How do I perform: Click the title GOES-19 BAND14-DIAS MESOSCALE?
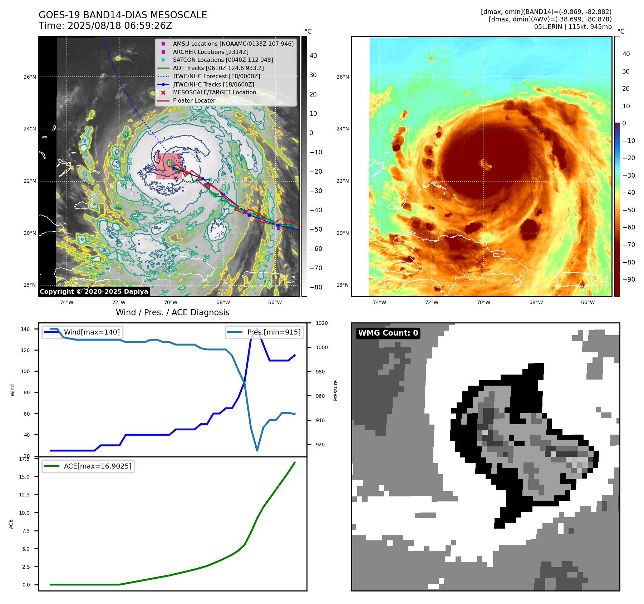coord(123,15)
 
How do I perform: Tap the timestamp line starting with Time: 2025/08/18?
coord(105,26)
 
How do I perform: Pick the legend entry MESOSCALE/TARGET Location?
coord(215,92)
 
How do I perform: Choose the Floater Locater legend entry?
coord(194,100)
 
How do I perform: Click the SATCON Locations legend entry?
coord(223,60)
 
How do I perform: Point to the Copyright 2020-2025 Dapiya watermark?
coord(94,292)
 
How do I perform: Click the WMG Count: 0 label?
coord(388,333)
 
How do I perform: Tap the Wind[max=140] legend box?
coord(82,332)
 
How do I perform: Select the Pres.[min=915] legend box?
coord(265,332)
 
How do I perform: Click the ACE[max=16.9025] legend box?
coord(88,466)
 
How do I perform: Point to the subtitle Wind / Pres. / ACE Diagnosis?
coord(173,312)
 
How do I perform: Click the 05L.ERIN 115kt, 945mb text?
coord(573,27)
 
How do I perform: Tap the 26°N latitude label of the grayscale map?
coord(30,77)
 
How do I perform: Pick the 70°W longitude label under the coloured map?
coord(483,302)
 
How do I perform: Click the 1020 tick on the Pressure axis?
coord(321,323)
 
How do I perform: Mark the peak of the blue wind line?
coord(257,329)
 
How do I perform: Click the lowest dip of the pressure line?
coord(257,450)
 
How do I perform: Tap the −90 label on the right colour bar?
coord(629,279)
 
